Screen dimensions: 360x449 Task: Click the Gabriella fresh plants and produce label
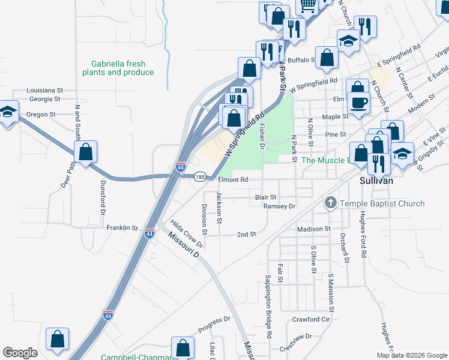tap(118, 68)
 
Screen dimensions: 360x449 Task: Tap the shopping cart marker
tap(307, 5)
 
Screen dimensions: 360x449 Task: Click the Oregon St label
tap(41, 114)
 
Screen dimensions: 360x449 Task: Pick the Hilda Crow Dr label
tap(187, 233)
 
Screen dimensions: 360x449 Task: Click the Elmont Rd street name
tap(233, 179)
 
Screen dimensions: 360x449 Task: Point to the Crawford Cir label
tap(312, 319)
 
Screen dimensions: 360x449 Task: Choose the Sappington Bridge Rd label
tap(268, 306)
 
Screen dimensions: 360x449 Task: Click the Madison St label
tap(313, 229)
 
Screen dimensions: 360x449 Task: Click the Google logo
tap(20, 353)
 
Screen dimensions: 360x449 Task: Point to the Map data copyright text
tap(412, 355)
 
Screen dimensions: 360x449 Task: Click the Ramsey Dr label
tap(280, 206)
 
